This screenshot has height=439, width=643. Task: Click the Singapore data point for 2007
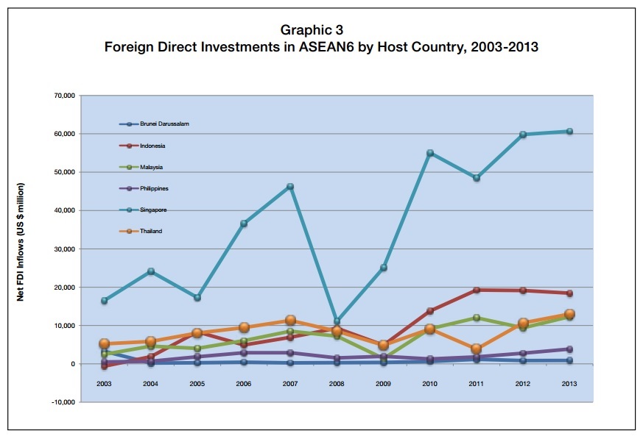(x=290, y=187)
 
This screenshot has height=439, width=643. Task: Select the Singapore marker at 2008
(x=337, y=321)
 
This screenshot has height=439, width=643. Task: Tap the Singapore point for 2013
(x=569, y=132)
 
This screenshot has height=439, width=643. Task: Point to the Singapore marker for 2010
(x=430, y=153)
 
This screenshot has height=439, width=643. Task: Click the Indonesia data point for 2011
(x=477, y=290)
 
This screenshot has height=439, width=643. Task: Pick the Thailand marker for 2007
(x=290, y=321)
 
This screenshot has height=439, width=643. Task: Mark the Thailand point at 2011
(x=477, y=349)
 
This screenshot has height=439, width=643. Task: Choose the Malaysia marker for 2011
(x=477, y=318)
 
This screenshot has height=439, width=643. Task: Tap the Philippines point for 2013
(x=569, y=349)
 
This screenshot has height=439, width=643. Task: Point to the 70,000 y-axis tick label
(x=63, y=96)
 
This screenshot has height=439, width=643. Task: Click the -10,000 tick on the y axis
(x=61, y=402)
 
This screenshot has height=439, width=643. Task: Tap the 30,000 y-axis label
(x=63, y=249)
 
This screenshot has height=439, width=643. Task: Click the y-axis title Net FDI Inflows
(x=21, y=242)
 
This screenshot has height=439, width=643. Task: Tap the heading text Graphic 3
(x=312, y=30)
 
